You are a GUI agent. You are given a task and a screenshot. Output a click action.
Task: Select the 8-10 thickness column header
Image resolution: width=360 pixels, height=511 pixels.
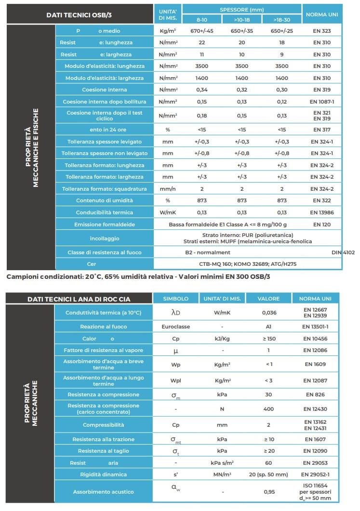[x=201, y=19]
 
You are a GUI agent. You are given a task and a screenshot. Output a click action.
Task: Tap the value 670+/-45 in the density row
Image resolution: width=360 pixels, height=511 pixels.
[x=201, y=31]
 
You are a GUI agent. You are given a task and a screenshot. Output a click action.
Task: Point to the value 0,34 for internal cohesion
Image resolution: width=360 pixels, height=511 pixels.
[x=201, y=90]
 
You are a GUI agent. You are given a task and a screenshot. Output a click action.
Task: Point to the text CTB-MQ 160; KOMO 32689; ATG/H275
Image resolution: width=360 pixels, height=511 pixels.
[x=241, y=264]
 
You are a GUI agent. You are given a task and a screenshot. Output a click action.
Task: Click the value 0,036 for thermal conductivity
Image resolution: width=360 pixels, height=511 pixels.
[x=269, y=313]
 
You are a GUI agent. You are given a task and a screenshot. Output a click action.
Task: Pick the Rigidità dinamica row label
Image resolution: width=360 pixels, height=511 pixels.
[x=104, y=474]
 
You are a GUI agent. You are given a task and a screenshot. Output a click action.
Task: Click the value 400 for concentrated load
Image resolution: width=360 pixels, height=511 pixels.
[x=269, y=409]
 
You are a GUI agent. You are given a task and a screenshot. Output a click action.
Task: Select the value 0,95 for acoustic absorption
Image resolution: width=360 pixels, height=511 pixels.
[x=269, y=492]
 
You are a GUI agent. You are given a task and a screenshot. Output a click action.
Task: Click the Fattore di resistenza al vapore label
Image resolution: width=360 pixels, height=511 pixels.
[x=104, y=350]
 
